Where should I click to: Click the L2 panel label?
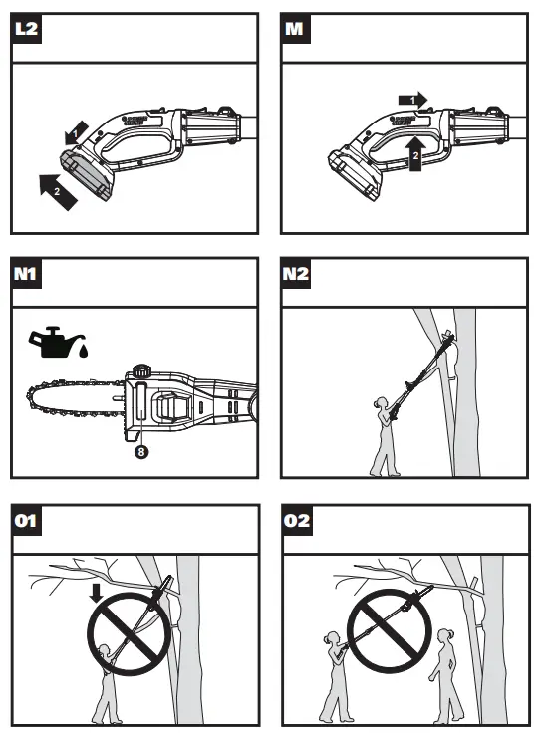[26, 28]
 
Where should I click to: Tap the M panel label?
[295, 28]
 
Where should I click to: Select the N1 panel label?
[26, 273]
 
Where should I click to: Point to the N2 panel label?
[296, 273]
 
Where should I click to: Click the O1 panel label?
[26, 520]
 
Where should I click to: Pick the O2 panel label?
[297, 520]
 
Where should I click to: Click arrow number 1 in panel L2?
[77, 133]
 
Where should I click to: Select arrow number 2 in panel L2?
[58, 191]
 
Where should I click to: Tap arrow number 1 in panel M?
[412, 100]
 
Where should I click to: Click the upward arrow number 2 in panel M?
[415, 153]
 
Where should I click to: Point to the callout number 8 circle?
[141, 452]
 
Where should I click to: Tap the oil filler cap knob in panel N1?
[140, 369]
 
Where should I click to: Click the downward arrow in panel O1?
[96, 593]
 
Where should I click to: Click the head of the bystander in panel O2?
[445, 635]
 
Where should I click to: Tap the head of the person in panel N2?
[381, 403]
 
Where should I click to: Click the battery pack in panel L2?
[89, 175]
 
